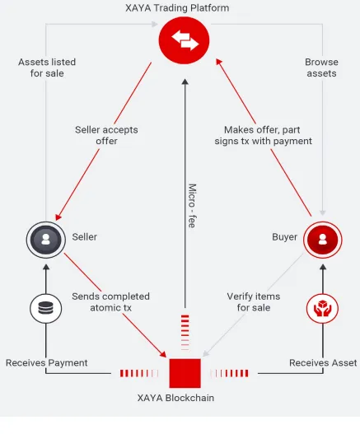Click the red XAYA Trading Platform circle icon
(184, 40)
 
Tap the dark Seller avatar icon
(46, 240)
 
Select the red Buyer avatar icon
(323, 240)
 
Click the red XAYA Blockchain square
(185, 373)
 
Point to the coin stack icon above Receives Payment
(45, 308)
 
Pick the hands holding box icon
(323, 308)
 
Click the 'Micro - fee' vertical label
(192, 206)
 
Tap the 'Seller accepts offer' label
(106, 135)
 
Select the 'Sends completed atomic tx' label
(110, 302)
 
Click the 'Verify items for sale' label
(254, 302)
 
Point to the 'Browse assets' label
(321, 68)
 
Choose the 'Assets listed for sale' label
(47, 68)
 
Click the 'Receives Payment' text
(46, 362)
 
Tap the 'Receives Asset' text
(323, 362)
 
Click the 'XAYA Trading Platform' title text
(177, 7)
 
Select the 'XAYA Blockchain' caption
(175, 398)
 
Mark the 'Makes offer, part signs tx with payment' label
(263, 135)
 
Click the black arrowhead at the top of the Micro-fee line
(185, 82)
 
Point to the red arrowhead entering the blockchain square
(163, 354)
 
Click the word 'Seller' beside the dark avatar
(85, 237)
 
